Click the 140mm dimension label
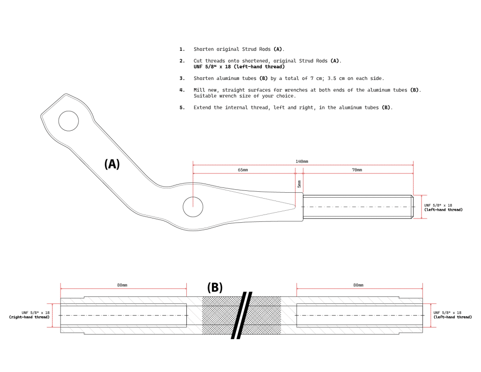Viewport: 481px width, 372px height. pyautogui.click(x=302, y=161)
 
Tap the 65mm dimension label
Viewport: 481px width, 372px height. pyautogui.click(x=243, y=170)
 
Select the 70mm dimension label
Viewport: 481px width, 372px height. pyautogui.click(x=357, y=170)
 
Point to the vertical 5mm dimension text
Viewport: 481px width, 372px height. pyautogui.click(x=299, y=184)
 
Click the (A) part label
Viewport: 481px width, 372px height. pyautogui.click(x=112, y=164)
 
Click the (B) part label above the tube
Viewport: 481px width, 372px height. pyautogui.click(x=215, y=287)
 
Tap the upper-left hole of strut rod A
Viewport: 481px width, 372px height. pyautogui.click(x=69, y=121)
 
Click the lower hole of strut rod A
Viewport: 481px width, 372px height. pyautogui.click(x=193, y=207)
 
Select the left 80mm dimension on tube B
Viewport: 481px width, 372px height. pyautogui.click(x=122, y=285)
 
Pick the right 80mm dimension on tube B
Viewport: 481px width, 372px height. pyautogui.click(x=359, y=285)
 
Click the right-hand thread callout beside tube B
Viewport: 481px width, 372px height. pyautogui.click(x=30, y=315)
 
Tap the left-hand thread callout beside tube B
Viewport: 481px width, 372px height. pyautogui.click(x=452, y=315)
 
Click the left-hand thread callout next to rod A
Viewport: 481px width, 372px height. pyautogui.click(x=443, y=207)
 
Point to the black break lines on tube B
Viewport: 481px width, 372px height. pyautogui.click(x=241, y=315)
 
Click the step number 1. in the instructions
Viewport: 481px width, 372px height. pyautogui.click(x=182, y=49)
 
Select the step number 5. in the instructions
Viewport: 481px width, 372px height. pyautogui.click(x=182, y=108)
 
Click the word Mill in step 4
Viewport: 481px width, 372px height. pyautogui.click(x=199, y=90)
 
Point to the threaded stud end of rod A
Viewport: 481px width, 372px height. pyautogui.click(x=358, y=207)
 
